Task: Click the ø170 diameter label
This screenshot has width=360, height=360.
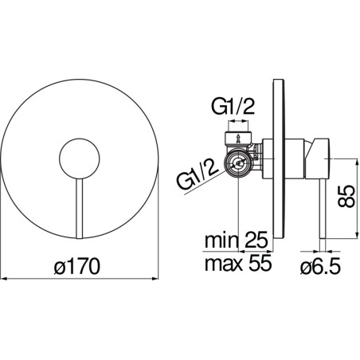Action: coord(77,266)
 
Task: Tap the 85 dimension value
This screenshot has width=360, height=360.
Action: coord(346,196)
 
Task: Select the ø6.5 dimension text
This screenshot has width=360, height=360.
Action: coord(320,266)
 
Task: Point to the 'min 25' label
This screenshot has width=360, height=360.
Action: coord(237,240)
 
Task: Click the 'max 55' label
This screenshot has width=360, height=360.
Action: coord(238,263)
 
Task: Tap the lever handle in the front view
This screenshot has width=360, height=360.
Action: coord(80,208)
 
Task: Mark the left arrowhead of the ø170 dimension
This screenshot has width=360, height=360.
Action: coord(4,279)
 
